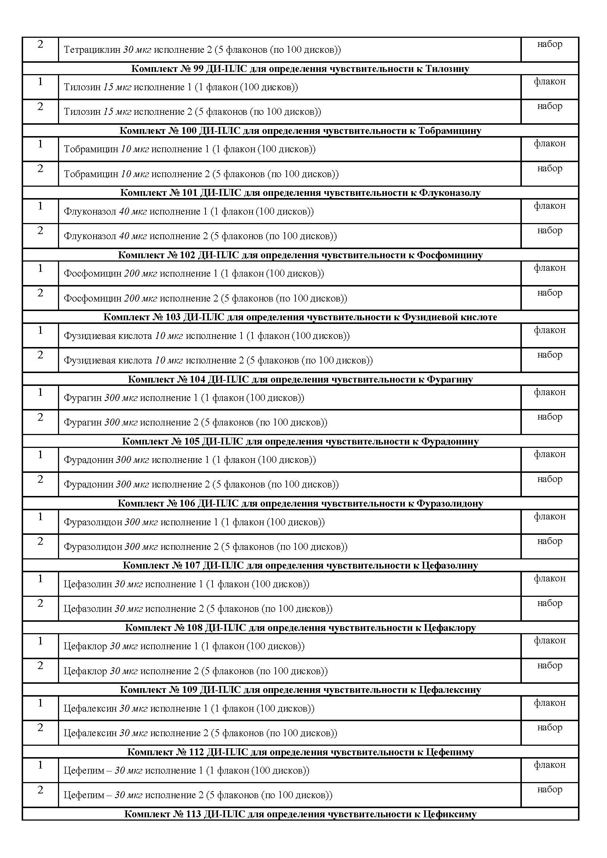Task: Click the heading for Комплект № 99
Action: [x=300, y=69]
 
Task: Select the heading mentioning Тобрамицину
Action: [x=300, y=131]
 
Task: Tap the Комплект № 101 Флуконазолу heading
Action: [x=300, y=193]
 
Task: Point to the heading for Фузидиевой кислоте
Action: [x=300, y=317]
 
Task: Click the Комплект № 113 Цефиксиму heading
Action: [x=300, y=814]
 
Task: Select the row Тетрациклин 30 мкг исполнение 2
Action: [x=202, y=50]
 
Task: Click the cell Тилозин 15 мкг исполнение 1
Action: [x=181, y=87]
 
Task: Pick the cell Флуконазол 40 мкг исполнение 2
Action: [x=200, y=236]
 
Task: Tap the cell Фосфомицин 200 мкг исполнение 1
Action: [x=194, y=274]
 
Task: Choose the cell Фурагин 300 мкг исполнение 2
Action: [x=196, y=423]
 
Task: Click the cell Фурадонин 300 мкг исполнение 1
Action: [x=189, y=460]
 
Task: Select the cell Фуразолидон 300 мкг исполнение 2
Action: [x=206, y=547]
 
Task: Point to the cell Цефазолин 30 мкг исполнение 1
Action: [x=186, y=584]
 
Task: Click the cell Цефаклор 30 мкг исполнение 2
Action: [x=196, y=671]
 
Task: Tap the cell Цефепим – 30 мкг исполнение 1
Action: [x=186, y=771]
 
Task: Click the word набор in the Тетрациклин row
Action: [x=549, y=44]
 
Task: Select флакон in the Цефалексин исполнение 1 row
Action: [x=549, y=703]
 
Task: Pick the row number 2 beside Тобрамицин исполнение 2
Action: [x=40, y=168]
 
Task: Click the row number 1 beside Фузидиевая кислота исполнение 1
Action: [x=40, y=331]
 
